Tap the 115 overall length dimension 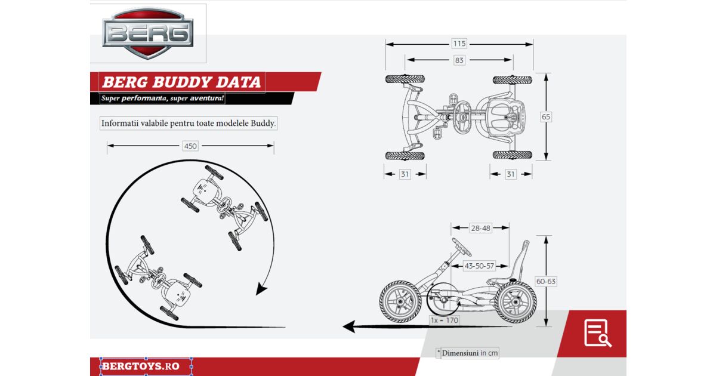(459, 44)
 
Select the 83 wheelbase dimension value (459, 60)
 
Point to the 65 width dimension (546, 117)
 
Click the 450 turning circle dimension (190, 146)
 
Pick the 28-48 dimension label (480, 228)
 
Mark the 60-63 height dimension (546, 281)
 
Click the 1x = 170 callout (445, 320)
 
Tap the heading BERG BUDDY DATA (181, 82)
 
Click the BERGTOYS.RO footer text (141, 366)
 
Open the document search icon (597, 332)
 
